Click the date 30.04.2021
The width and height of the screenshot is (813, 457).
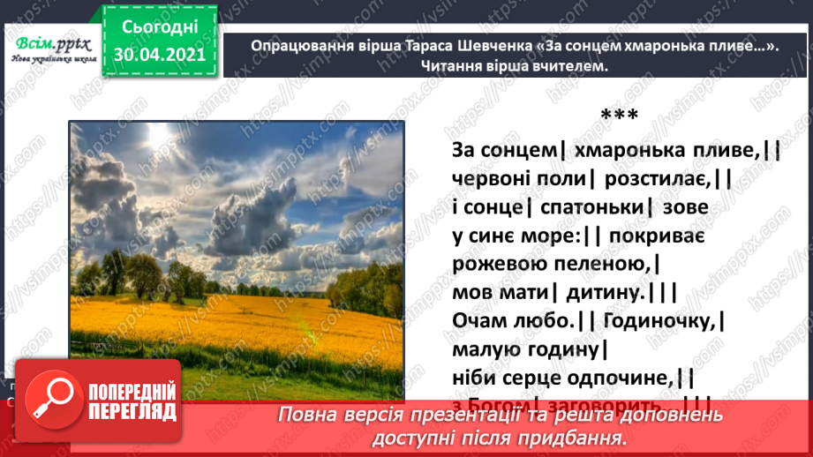click(x=159, y=54)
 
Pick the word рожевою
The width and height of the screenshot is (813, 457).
click(x=495, y=264)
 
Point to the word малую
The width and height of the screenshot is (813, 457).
click(x=483, y=349)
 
